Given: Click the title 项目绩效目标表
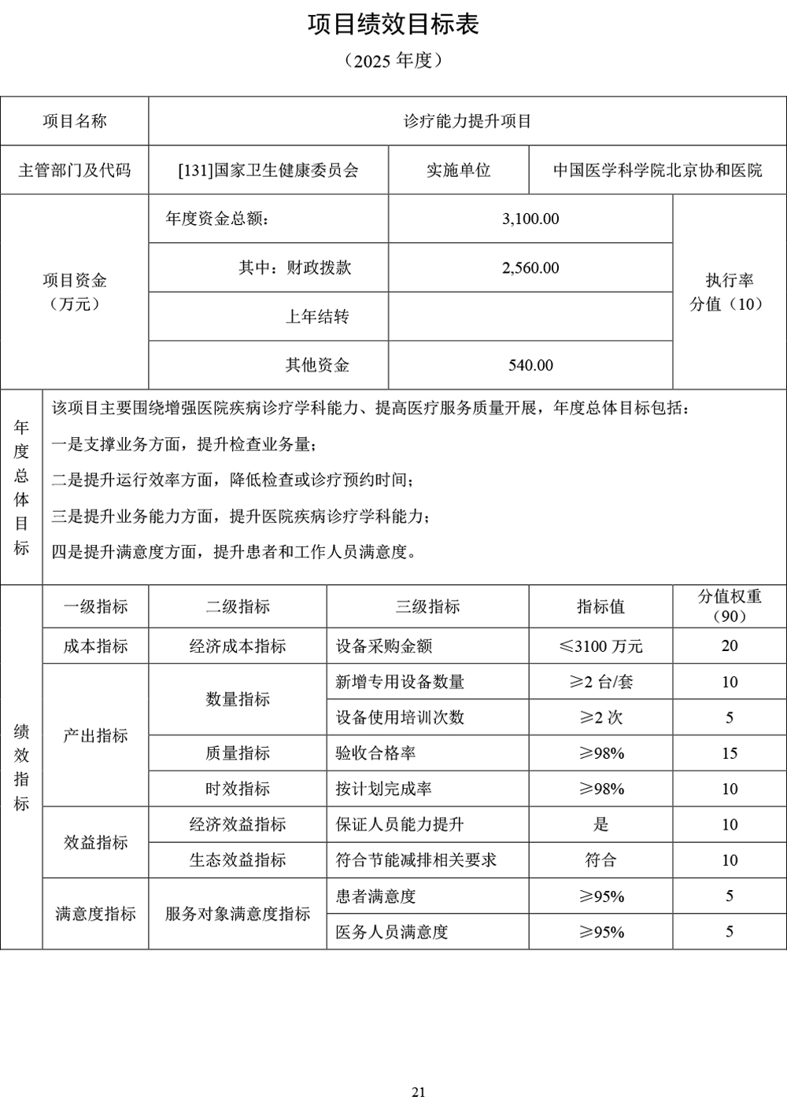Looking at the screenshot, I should point(393,25).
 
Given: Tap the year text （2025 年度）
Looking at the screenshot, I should point(393,61).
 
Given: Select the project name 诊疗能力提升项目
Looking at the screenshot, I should point(467,121).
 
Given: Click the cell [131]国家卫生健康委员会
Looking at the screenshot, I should point(268,170).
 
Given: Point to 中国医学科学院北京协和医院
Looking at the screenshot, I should point(657,170).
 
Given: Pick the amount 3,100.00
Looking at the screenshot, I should point(530,219).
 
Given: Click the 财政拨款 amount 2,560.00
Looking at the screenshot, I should point(530,268).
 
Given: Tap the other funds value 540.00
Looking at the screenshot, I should point(530,365).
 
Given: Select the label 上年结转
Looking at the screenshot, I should point(316,317).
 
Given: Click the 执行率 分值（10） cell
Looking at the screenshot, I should point(729,292).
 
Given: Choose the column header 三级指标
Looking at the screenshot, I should point(427,606).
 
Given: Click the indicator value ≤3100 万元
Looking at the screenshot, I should point(600,646).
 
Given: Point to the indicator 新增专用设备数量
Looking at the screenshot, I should point(400,682).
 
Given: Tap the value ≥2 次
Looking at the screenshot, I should point(600,717).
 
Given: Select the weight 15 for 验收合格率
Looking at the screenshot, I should point(729,753).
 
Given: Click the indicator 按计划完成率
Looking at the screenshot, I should point(383,789).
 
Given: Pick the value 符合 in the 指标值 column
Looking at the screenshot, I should point(600,859).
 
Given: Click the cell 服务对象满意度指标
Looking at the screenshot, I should point(238,914).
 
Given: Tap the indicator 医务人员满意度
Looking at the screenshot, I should point(391,932).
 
